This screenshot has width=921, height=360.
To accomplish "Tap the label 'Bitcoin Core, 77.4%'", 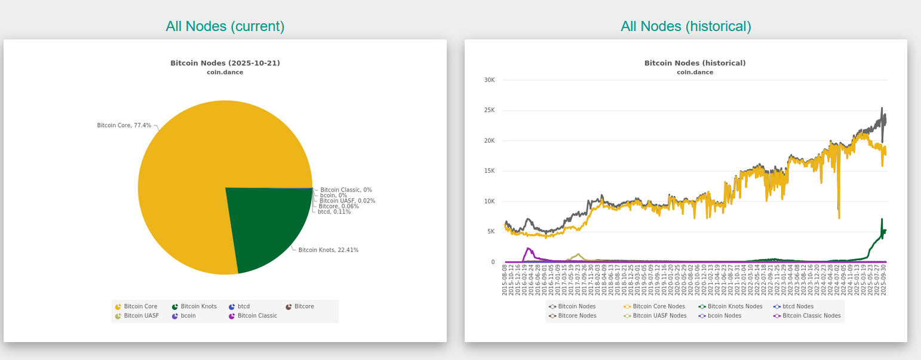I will [124, 126].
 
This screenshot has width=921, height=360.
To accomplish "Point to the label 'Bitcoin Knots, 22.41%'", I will [329, 250].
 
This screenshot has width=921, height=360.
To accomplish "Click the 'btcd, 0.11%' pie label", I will [334, 212].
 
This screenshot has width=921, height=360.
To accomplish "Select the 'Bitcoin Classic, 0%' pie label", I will [346, 190].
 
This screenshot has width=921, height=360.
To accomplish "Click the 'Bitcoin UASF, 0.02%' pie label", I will [347, 201].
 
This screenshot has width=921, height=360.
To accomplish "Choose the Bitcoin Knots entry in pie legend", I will [198, 306].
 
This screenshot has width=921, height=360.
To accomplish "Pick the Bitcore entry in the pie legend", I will [304, 306].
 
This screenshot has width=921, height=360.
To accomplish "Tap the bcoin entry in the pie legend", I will [188, 316].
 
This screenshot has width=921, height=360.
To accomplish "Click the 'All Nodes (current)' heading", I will [225, 26].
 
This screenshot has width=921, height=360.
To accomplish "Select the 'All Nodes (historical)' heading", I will [686, 26].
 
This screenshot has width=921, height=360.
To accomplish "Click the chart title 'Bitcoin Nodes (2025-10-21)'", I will [225, 63].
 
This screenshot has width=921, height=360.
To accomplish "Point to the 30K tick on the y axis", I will [489, 80].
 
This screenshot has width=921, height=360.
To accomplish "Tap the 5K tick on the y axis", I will [490, 232].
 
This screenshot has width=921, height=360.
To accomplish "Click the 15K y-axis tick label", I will [489, 171].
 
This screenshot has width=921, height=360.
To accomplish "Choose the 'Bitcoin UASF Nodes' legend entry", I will [659, 316].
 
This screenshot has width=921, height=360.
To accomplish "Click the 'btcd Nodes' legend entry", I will [797, 306].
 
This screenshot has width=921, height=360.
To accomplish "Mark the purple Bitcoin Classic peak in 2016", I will [529, 248].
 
